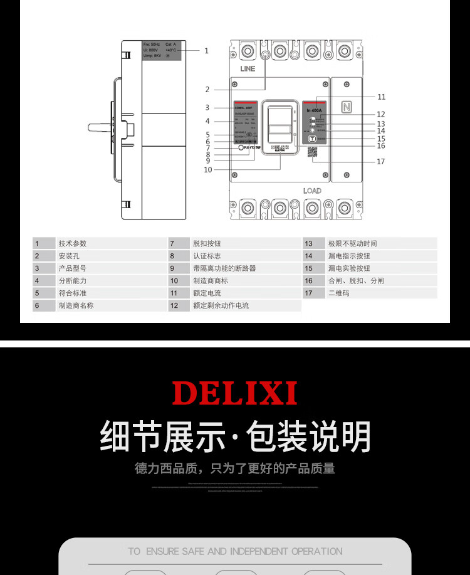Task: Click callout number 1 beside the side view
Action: tap(206, 51)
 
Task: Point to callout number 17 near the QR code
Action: tap(380, 162)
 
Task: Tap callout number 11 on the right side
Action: tap(381, 97)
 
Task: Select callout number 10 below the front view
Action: tap(207, 169)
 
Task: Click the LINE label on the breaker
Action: tap(248, 69)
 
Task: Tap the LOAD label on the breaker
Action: tap(312, 191)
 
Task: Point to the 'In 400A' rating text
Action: tap(314, 110)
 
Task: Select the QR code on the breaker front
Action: tap(312, 153)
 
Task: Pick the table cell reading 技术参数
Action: tap(73, 243)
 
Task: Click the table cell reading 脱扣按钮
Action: tap(207, 243)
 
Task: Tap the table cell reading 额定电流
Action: tap(207, 293)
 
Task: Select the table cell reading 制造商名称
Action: tap(76, 305)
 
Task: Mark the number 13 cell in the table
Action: tap(309, 243)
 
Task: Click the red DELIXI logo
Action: tap(234, 393)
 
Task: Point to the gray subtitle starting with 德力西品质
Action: tap(235, 468)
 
